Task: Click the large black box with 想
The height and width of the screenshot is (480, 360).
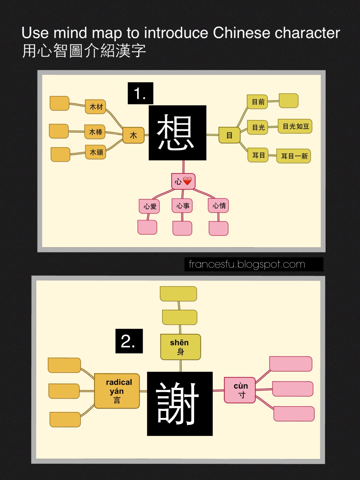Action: [177, 133]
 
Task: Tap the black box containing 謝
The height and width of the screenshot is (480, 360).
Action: [180, 403]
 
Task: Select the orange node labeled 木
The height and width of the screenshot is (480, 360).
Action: [133, 135]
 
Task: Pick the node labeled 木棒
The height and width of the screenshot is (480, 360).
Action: [95, 132]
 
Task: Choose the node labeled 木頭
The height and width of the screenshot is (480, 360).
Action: [96, 152]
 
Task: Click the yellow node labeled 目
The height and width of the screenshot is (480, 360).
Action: [229, 135]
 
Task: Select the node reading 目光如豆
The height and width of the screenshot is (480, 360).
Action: [295, 126]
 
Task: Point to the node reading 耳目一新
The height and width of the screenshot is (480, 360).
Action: [294, 156]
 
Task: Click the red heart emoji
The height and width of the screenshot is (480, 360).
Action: [187, 181]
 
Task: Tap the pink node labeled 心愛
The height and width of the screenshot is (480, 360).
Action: [149, 206]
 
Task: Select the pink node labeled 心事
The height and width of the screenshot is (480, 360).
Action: [182, 206]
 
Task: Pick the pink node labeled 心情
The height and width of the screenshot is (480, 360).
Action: [219, 206]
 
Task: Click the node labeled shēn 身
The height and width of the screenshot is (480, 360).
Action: [180, 347]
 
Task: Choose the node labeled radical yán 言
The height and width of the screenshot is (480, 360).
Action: [117, 391]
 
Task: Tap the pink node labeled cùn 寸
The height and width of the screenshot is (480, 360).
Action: [240, 390]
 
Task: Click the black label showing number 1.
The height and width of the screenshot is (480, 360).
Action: [140, 93]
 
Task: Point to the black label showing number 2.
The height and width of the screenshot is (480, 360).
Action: [129, 341]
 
